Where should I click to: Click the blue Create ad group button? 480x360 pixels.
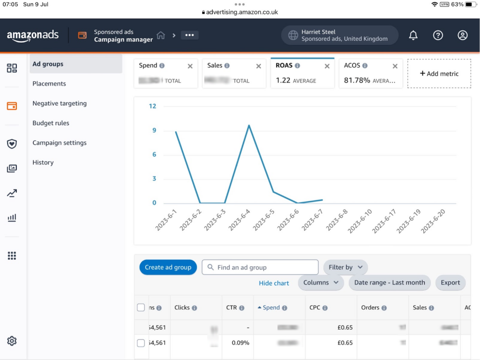pos(168,267)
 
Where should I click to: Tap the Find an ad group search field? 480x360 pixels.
pos(260,267)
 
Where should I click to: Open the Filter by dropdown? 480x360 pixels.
pos(345,267)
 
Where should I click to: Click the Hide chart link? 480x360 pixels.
pos(274,283)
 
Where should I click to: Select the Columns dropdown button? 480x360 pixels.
pos(321,283)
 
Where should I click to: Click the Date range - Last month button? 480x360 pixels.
pos(390,283)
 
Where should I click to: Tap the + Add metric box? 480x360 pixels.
pos(439,74)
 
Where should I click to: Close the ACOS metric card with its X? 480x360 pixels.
pos(395,66)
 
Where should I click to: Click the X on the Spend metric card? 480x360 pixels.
pos(190,66)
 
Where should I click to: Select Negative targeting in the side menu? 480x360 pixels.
pos(60,104)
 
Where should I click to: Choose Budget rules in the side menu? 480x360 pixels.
pos(51,123)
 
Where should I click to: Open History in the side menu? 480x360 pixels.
pos(43,163)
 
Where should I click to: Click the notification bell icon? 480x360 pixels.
pos(413,35)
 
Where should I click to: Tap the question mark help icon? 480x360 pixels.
pos(438,35)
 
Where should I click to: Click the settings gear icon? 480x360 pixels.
pos(12,341)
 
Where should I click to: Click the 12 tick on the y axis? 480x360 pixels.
pos(152,106)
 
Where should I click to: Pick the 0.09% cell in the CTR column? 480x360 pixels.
pos(240,343)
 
